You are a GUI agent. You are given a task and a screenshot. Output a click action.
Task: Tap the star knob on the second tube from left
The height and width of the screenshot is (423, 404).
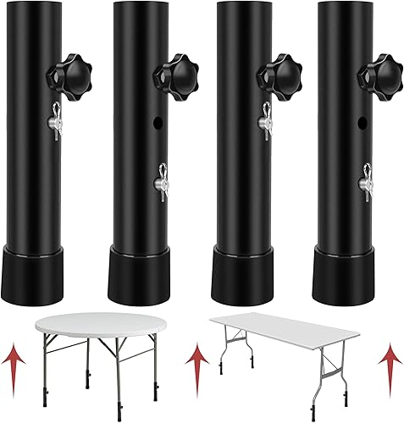[173, 72]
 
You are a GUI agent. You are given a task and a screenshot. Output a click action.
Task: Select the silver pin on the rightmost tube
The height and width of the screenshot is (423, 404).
[365, 179]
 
